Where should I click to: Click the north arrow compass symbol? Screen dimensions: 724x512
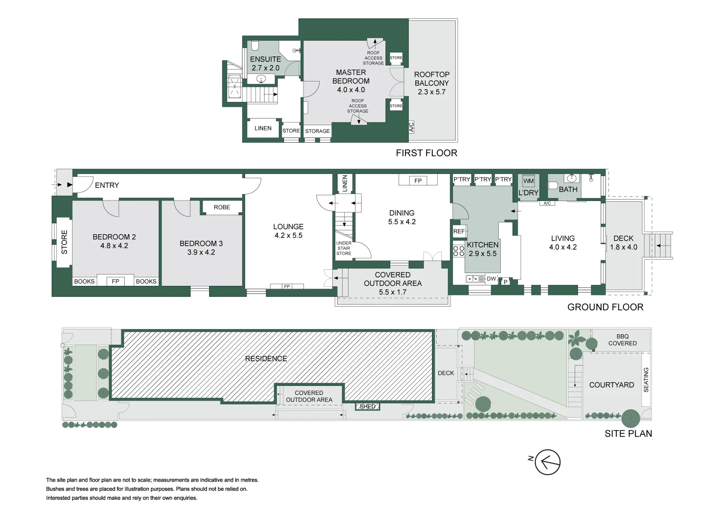(547, 462)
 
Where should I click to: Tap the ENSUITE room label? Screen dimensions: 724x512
(266, 59)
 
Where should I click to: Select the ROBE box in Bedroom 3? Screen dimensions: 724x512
(222, 207)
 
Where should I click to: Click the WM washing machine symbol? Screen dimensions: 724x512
(528, 181)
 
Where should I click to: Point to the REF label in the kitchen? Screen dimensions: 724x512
(459, 231)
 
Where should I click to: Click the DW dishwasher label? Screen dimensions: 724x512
(491, 279)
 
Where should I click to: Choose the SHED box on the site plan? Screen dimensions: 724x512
(367, 406)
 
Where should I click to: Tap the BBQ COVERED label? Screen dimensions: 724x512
(623, 340)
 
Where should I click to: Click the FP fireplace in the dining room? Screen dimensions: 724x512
(418, 181)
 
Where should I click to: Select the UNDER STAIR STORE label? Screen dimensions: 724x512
(344, 248)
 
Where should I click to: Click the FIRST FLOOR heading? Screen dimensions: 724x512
(426, 153)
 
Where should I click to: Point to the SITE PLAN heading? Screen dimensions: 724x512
(628, 433)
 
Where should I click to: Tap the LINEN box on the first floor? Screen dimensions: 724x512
(263, 128)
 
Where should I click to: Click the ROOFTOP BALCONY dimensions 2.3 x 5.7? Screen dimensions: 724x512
(431, 92)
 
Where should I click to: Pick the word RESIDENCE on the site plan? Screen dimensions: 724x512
(266, 359)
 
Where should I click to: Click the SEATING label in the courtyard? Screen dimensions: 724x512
(646, 379)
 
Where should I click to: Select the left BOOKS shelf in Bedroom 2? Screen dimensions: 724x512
(84, 281)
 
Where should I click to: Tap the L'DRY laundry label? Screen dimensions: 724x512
(528, 193)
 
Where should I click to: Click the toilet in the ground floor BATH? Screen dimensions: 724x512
(553, 185)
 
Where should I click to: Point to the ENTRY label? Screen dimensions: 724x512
(107, 185)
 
